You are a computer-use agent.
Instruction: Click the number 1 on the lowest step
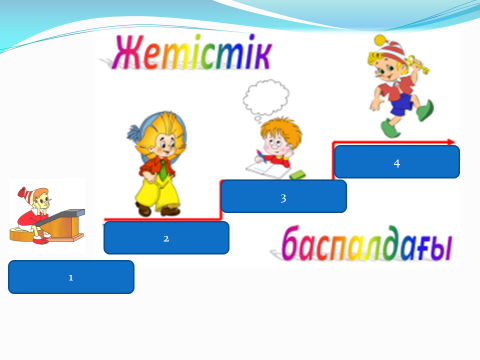pyautogui.click(x=71, y=278)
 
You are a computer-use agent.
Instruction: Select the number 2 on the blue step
pyautogui.click(x=166, y=239)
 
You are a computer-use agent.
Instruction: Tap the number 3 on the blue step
pyautogui.click(x=283, y=198)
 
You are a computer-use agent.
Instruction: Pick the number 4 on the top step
pyautogui.click(x=397, y=163)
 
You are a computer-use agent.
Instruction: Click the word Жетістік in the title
pyautogui.click(x=193, y=52)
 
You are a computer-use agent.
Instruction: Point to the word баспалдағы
pyautogui.click(x=367, y=243)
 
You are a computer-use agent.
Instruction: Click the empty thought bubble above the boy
pyautogui.click(x=266, y=97)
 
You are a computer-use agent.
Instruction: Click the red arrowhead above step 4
pyautogui.click(x=451, y=142)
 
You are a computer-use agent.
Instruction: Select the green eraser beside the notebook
pyautogui.click(x=298, y=174)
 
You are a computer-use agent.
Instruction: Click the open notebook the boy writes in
pyautogui.click(x=267, y=170)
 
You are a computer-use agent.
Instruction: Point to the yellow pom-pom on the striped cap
pyautogui.click(x=380, y=40)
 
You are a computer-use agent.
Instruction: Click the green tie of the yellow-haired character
pyautogui.click(x=163, y=170)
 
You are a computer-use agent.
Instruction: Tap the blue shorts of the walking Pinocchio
pyautogui.click(x=401, y=104)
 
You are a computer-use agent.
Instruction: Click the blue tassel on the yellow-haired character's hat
pyautogui.click(x=134, y=133)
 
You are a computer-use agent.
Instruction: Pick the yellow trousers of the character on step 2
pyautogui.click(x=158, y=195)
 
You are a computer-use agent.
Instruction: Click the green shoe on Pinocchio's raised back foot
pyautogui.click(x=426, y=110)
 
